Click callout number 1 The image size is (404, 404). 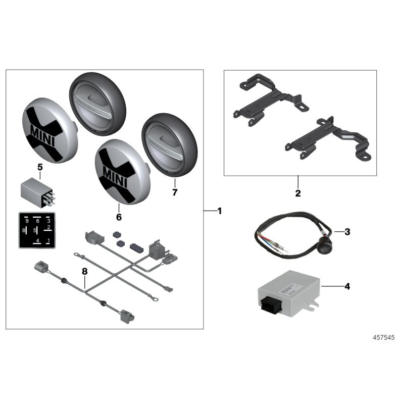pyautogui.click(x=219, y=211)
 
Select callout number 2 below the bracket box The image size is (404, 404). pyautogui.click(x=298, y=193)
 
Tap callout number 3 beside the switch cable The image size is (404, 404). pyautogui.click(x=347, y=232)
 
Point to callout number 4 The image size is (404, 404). pyautogui.click(x=347, y=286)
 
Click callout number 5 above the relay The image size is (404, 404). pyautogui.click(x=40, y=167)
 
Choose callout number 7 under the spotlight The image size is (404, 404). pyautogui.click(x=175, y=192)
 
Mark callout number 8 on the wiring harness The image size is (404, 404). pyautogui.click(x=85, y=271)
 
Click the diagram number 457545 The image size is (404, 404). pyautogui.click(x=384, y=336)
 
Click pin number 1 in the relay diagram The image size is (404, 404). pyautogui.click(x=48, y=240)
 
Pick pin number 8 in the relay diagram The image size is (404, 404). pyautogui.click(x=24, y=231)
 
